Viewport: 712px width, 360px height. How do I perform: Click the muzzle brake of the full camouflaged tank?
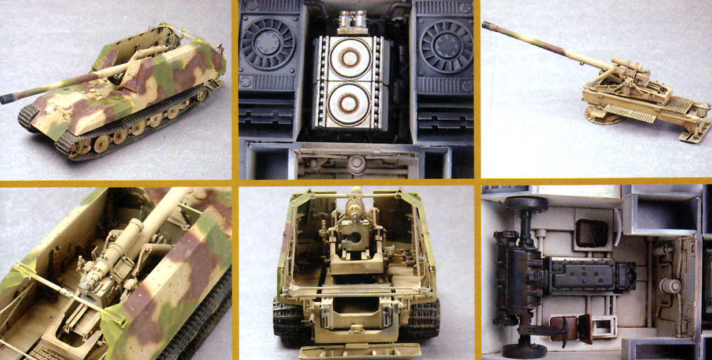(x=8, y=98)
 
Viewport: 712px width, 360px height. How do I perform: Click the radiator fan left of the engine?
(x=267, y=44)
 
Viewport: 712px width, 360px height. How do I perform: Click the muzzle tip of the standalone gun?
(x=487, y=26)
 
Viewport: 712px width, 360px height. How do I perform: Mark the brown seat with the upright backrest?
(x=572, y=328)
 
